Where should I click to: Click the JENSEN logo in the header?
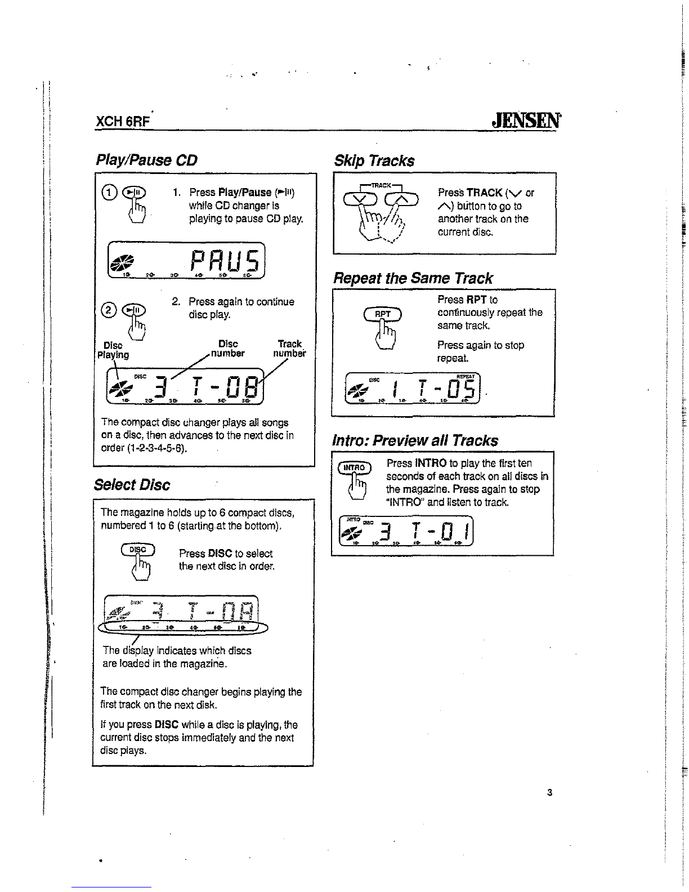[x=526, y=121]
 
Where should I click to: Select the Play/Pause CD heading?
[x=146, y=160]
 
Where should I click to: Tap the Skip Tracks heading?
[x=374, y=160]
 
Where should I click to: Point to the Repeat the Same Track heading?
[x=413, y=278]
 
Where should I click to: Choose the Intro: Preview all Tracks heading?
[x=416, y=440]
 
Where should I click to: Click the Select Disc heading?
[x=133, y=485]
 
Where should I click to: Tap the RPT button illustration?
[x=383, y=314]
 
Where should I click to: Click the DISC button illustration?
[x=138, y=550]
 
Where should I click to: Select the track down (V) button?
[x=361, y=197]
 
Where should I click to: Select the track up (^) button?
[x=402, y=197]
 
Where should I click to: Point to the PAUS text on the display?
[x=224, y=261]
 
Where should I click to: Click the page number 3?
[x=549, y=793]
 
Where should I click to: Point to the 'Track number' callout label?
[x=290, y=349]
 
